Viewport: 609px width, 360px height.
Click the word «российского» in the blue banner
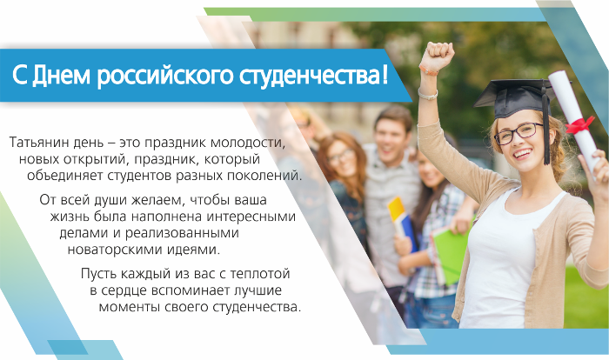(x=165, y=76)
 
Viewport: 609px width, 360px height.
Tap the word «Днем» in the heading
(x=61, y=75)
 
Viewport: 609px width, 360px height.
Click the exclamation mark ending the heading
(x=385, y=75)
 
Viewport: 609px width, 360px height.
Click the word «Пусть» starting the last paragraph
(x=98, y=274)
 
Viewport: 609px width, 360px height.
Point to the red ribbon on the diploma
(x=580, y=124)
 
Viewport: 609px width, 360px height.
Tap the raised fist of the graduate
(x=438, y=54)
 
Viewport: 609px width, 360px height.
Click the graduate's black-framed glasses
(x=519, y=132)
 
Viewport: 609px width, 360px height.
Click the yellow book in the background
(x=397, y=211)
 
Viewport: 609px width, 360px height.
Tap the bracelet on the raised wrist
(x=428, y=70)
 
